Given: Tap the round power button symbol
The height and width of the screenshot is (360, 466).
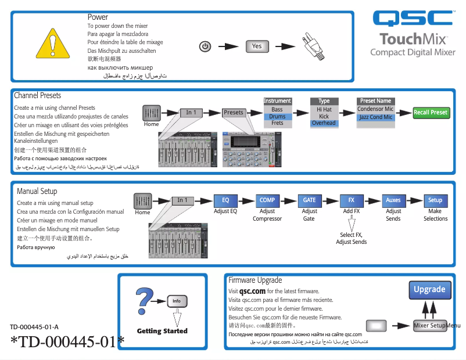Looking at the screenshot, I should coord(205,46).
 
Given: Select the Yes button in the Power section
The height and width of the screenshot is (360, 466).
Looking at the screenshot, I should coord(257,46).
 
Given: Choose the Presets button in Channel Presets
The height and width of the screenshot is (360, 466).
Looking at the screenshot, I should coord(234,113).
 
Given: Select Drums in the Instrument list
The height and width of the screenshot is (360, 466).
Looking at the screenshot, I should coord(277,116).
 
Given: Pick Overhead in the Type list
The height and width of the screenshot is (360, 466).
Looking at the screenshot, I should coord(324,123).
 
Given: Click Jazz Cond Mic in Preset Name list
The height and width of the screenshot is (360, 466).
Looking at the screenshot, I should coord(375,117).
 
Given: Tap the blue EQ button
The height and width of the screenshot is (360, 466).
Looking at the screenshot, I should coord(225,200).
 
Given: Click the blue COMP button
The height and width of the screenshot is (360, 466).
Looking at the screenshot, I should coord(267,200).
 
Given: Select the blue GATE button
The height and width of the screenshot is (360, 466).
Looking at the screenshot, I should coord(309,200).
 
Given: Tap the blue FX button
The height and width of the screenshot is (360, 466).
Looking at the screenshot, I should coord(351,200).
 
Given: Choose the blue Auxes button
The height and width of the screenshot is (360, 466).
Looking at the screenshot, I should coord(393,200).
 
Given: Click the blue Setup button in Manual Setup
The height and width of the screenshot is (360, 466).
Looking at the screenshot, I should coord(435,200).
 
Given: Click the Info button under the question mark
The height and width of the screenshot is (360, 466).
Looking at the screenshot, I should coord(177,301).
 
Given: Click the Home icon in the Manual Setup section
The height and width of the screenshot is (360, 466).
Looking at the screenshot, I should coord(143,201).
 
